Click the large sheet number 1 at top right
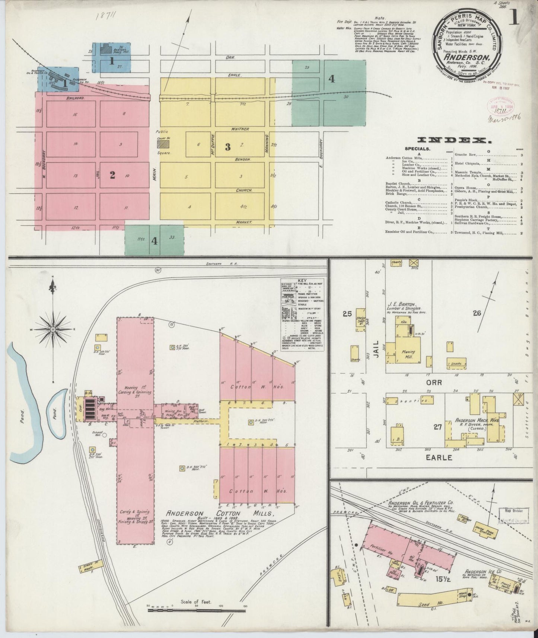515,17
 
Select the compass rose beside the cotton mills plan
53,329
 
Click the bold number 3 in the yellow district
227,147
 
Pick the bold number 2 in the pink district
112,175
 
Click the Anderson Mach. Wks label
471,420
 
